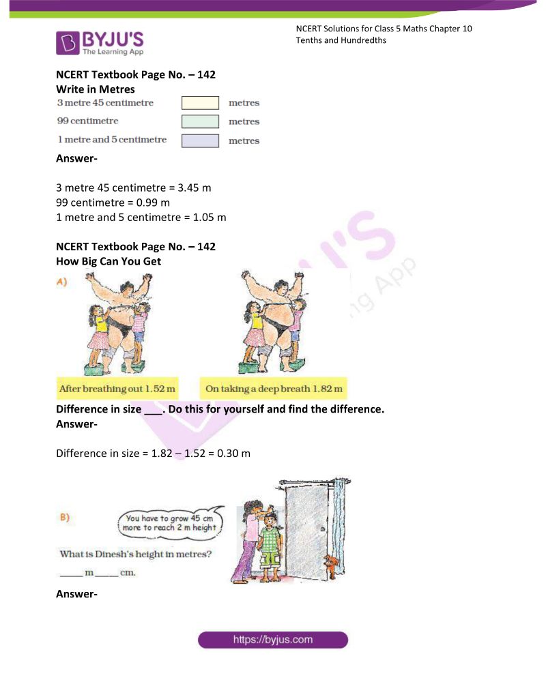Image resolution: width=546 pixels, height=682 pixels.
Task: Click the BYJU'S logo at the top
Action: (100, 42)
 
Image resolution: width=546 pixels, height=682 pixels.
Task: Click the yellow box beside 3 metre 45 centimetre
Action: (200, 103)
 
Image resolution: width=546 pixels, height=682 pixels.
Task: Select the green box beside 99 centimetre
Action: (200, 121)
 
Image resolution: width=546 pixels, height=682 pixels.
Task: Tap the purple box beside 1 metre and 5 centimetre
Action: (200, 140)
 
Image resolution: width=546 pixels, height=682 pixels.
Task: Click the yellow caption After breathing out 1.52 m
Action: (117, 389)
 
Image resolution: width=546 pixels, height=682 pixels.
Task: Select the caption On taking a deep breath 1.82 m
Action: (274, 389)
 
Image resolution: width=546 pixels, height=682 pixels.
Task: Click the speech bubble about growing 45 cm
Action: (171, 522)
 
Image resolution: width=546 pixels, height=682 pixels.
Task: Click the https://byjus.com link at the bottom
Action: (273, 640)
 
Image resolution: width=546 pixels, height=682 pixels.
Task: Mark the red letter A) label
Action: (62, 282)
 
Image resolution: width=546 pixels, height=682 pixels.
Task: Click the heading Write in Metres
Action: (95, 89)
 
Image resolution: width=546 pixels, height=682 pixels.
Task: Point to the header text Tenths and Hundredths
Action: (341, 40)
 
